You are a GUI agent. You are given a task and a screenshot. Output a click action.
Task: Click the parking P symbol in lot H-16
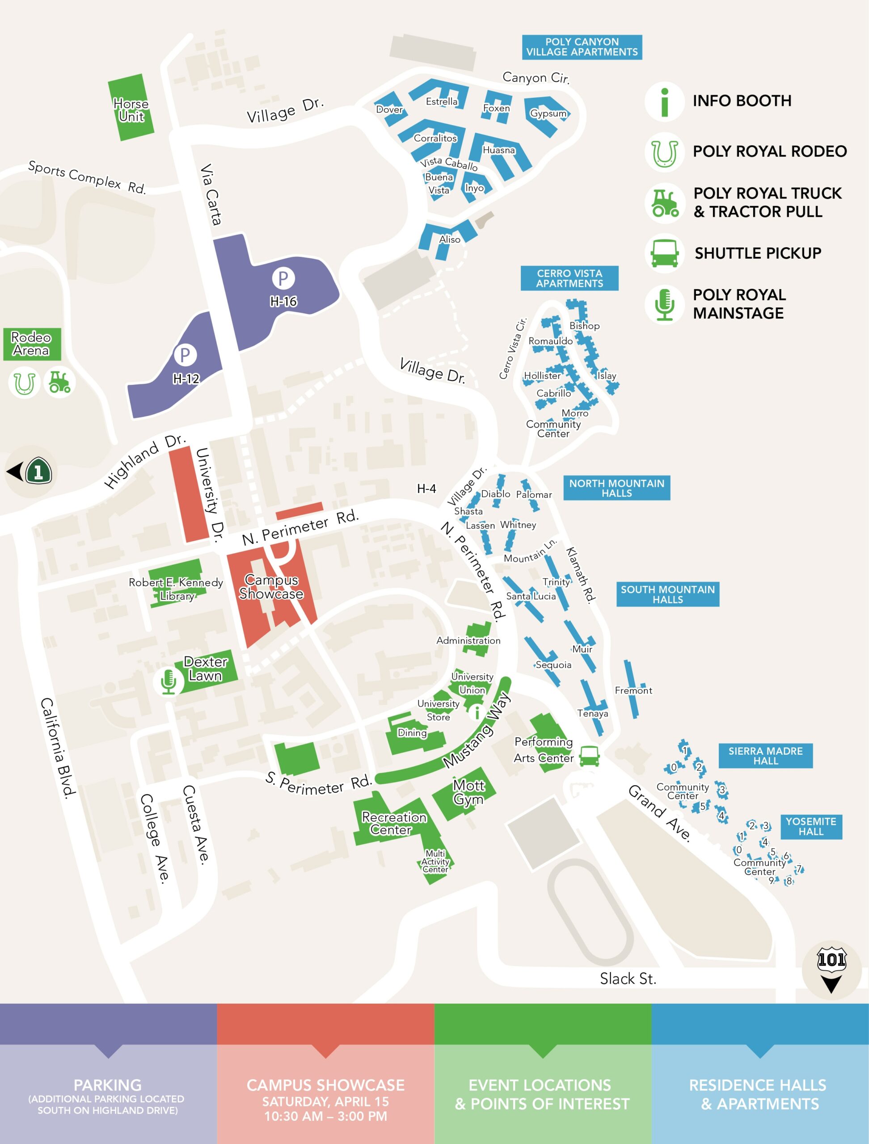283,278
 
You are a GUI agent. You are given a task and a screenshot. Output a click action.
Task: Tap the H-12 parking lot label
186,379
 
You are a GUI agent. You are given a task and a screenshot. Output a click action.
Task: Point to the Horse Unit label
131,110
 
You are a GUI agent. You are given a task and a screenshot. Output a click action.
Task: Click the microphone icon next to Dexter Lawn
168,681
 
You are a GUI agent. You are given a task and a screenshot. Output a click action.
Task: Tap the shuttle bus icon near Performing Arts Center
589,756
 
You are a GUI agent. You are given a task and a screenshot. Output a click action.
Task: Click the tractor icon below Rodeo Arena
59,382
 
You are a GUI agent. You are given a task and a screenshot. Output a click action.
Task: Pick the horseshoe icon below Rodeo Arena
24,383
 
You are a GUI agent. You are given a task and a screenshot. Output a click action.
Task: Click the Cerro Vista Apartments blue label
569,278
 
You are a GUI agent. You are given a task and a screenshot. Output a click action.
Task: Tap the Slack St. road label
628,979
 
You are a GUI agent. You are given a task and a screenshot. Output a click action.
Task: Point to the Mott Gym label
468,792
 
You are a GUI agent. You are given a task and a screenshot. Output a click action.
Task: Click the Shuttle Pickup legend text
757,253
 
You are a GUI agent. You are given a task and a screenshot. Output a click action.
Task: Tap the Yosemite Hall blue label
810,826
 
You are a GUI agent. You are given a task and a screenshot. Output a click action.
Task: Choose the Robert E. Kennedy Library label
176,589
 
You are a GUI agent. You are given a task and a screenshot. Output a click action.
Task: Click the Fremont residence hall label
633,690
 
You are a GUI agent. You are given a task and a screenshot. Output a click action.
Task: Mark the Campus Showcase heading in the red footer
325,1085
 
